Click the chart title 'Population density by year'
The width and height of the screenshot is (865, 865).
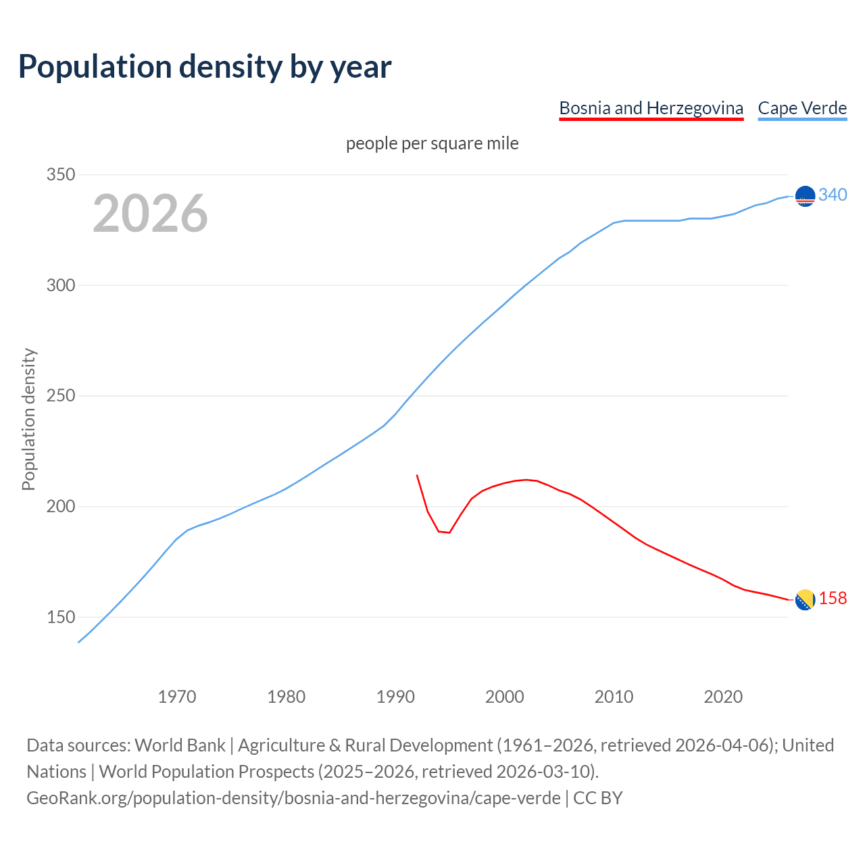pyautogui.click(x=205, y=67)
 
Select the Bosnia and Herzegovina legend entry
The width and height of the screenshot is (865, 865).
pyautogui.click(x=651, y=108)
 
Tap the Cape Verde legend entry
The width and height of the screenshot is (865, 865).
pyautogui.click(x=802, y=108)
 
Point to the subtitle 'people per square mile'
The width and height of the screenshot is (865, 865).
pyautogui.click(x=432, y=144)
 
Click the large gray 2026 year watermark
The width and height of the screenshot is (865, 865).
pyautogui.click(x=150, y=214)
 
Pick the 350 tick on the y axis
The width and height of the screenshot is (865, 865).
pyautogui.click(x=60, y=175)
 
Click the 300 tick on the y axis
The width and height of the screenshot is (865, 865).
pyautogui.click(x=60, y=285)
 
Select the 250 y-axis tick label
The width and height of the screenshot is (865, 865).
pyautogui.click(x=60, y=396)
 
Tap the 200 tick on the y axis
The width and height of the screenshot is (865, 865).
pyautogui.click(x=60, y=507)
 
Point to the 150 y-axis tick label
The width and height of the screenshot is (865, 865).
pyautogui.click(x=60, y=618)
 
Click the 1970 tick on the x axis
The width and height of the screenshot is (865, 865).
pyautogui.click(x=177, y=697)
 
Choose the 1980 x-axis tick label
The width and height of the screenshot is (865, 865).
pyautogui.click(x=286, y=697)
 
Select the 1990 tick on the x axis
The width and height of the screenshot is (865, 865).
pyautogui.click(x=395, y=697)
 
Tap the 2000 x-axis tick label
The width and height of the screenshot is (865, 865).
pyautogui.click(x=505, y=697)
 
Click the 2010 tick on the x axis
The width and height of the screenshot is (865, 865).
pyautogui.click(x=614, y=697)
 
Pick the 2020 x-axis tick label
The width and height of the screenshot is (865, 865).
pyautogui.click(x=723, y=697)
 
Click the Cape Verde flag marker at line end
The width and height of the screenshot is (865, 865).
pyautogui.click(x=805, y=196)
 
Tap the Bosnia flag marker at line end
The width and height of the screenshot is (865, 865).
pyautogui.click(x=805, y=599)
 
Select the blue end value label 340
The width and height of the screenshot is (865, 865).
pyautogui.click(x=833, y=195)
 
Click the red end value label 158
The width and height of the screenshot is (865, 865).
pyautogui.click(x=833, y=599)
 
